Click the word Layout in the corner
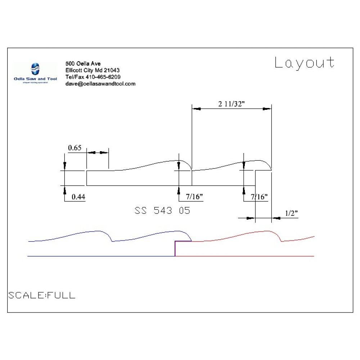[304, 63]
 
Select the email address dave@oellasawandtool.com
[100, 84]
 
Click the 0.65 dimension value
[75, 147]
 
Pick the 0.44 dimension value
[78, 197]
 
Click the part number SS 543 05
[162, 211]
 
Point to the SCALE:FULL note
[42, 296]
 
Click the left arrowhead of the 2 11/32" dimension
[196, 108]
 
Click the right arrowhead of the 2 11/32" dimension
[267, 108]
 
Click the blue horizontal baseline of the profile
[101, 256]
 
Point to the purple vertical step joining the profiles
[175, 249]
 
